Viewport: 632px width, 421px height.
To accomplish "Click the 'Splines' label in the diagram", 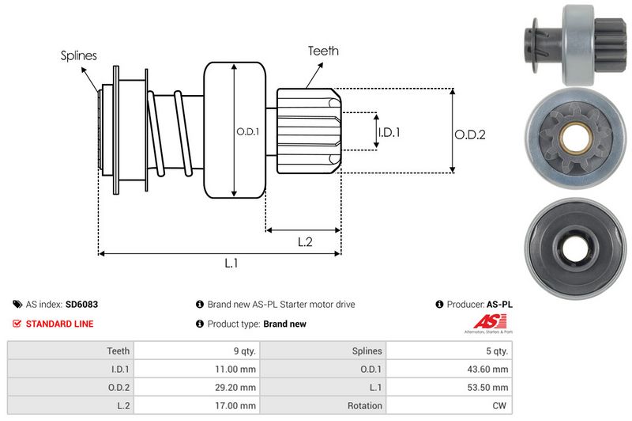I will pyautogui.click(x=78, y=56).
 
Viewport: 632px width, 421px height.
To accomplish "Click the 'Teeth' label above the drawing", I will pyautogui.click(x=323, y=51).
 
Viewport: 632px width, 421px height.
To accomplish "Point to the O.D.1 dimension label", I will pyautogui.click(x=247, y=131).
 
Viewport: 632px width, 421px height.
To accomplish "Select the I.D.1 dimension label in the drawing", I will pyautogui.click(x=389, y=132).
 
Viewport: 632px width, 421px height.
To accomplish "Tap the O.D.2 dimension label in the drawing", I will pyautogui.click(x=469, y=135).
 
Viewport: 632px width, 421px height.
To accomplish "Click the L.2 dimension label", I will pyautogui.click(x=304, y=242).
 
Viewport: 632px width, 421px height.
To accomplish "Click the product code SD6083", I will pyautogui.click(x=82, y=304).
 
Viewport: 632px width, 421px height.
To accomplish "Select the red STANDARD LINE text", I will pyautogui.click(x=59, y=324).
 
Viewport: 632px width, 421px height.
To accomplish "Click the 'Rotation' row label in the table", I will pyautogui.click(x=364, y=405).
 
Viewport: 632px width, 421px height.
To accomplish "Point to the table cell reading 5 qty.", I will pyautogui.click(x=496, y=351).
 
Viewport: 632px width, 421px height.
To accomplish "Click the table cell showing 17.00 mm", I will pyautogui.click(x=237, y=405).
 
